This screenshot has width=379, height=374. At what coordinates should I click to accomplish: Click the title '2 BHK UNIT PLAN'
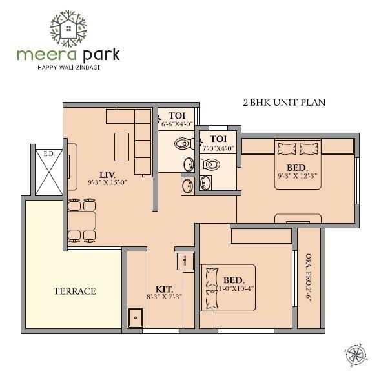[283, 102]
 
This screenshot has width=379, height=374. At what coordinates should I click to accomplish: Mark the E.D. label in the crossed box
[48, 154]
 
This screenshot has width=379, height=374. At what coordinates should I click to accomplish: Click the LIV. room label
[107, 173]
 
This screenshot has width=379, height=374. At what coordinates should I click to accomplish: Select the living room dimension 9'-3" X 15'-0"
[107, 182]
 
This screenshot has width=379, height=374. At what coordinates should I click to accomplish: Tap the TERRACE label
[74, 291]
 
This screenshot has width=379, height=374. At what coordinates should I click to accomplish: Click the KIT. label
[164, 289]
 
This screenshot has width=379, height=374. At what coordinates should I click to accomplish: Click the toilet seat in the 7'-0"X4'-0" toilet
[208, 165]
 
